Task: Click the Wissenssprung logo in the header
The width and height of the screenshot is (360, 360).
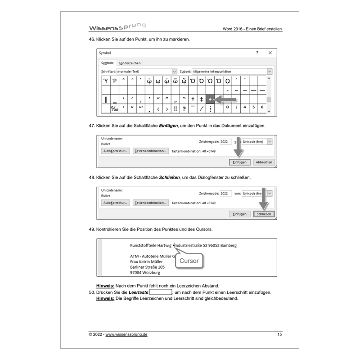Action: coord(117,27)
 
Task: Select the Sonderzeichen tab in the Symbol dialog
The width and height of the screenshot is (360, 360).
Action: coord(129,63)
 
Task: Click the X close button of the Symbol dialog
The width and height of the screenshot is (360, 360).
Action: coord(270,53)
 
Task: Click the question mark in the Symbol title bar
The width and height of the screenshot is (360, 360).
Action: coord(257,53)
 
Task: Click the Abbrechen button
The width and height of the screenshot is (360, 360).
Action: coord(263,162)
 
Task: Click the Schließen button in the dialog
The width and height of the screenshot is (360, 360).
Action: coord(264,214)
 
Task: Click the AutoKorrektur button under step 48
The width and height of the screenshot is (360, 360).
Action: coord(116,203)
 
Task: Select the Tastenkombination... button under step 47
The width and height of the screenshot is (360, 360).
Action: coord(150,151)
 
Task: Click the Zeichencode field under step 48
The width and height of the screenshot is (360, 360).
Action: coord(225,193)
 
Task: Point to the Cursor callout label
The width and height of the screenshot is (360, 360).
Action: coord(189,261)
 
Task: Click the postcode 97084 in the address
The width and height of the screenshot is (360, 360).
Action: coord(136,272)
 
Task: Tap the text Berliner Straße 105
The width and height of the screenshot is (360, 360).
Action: coord(147,267)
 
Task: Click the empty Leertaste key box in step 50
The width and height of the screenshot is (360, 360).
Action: coord(161,292)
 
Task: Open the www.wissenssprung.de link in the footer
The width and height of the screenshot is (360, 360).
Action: coord(126,335)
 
